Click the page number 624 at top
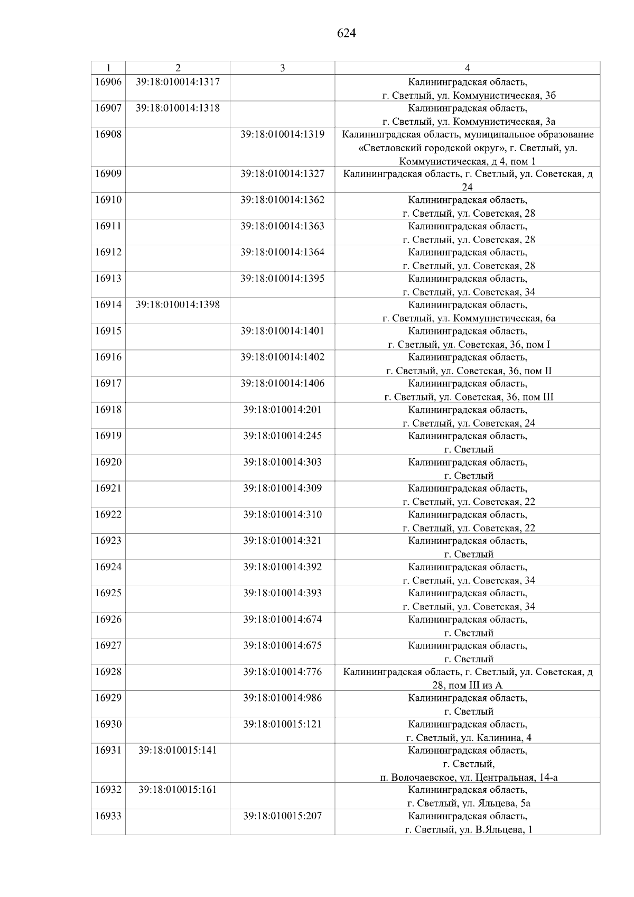coord(347,33)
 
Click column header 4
coord(467,68)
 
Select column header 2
coord(178,68)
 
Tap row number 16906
coord(108,82)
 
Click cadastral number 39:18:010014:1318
coord(178,108)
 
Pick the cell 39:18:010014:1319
coord(282,134)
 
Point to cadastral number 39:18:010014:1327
coord(282,174)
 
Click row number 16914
coord(108,305)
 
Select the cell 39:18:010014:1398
coord(178,305)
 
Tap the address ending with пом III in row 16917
coord(468,397)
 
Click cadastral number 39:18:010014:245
coord(282,436)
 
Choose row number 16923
coord(108,541)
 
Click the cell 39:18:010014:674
coord(282,619)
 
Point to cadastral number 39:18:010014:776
coord(282,672)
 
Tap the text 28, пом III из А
coord(467,686)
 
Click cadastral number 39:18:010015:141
coord(178,751)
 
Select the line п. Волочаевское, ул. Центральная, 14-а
coord(468,778)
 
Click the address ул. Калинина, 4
coord(468,738)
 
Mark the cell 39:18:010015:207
coord(282,816)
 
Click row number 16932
coord(108,790)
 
